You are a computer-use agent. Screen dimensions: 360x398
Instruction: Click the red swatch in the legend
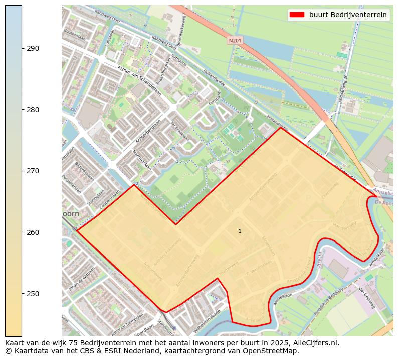click(x=297, y=15)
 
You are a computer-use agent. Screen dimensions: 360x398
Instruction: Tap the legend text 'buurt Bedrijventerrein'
click(x=348, y=15)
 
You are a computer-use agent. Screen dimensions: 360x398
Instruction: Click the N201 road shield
click(x=234, y=40)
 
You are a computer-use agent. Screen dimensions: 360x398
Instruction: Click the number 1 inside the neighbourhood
click(x=240, y=231)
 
